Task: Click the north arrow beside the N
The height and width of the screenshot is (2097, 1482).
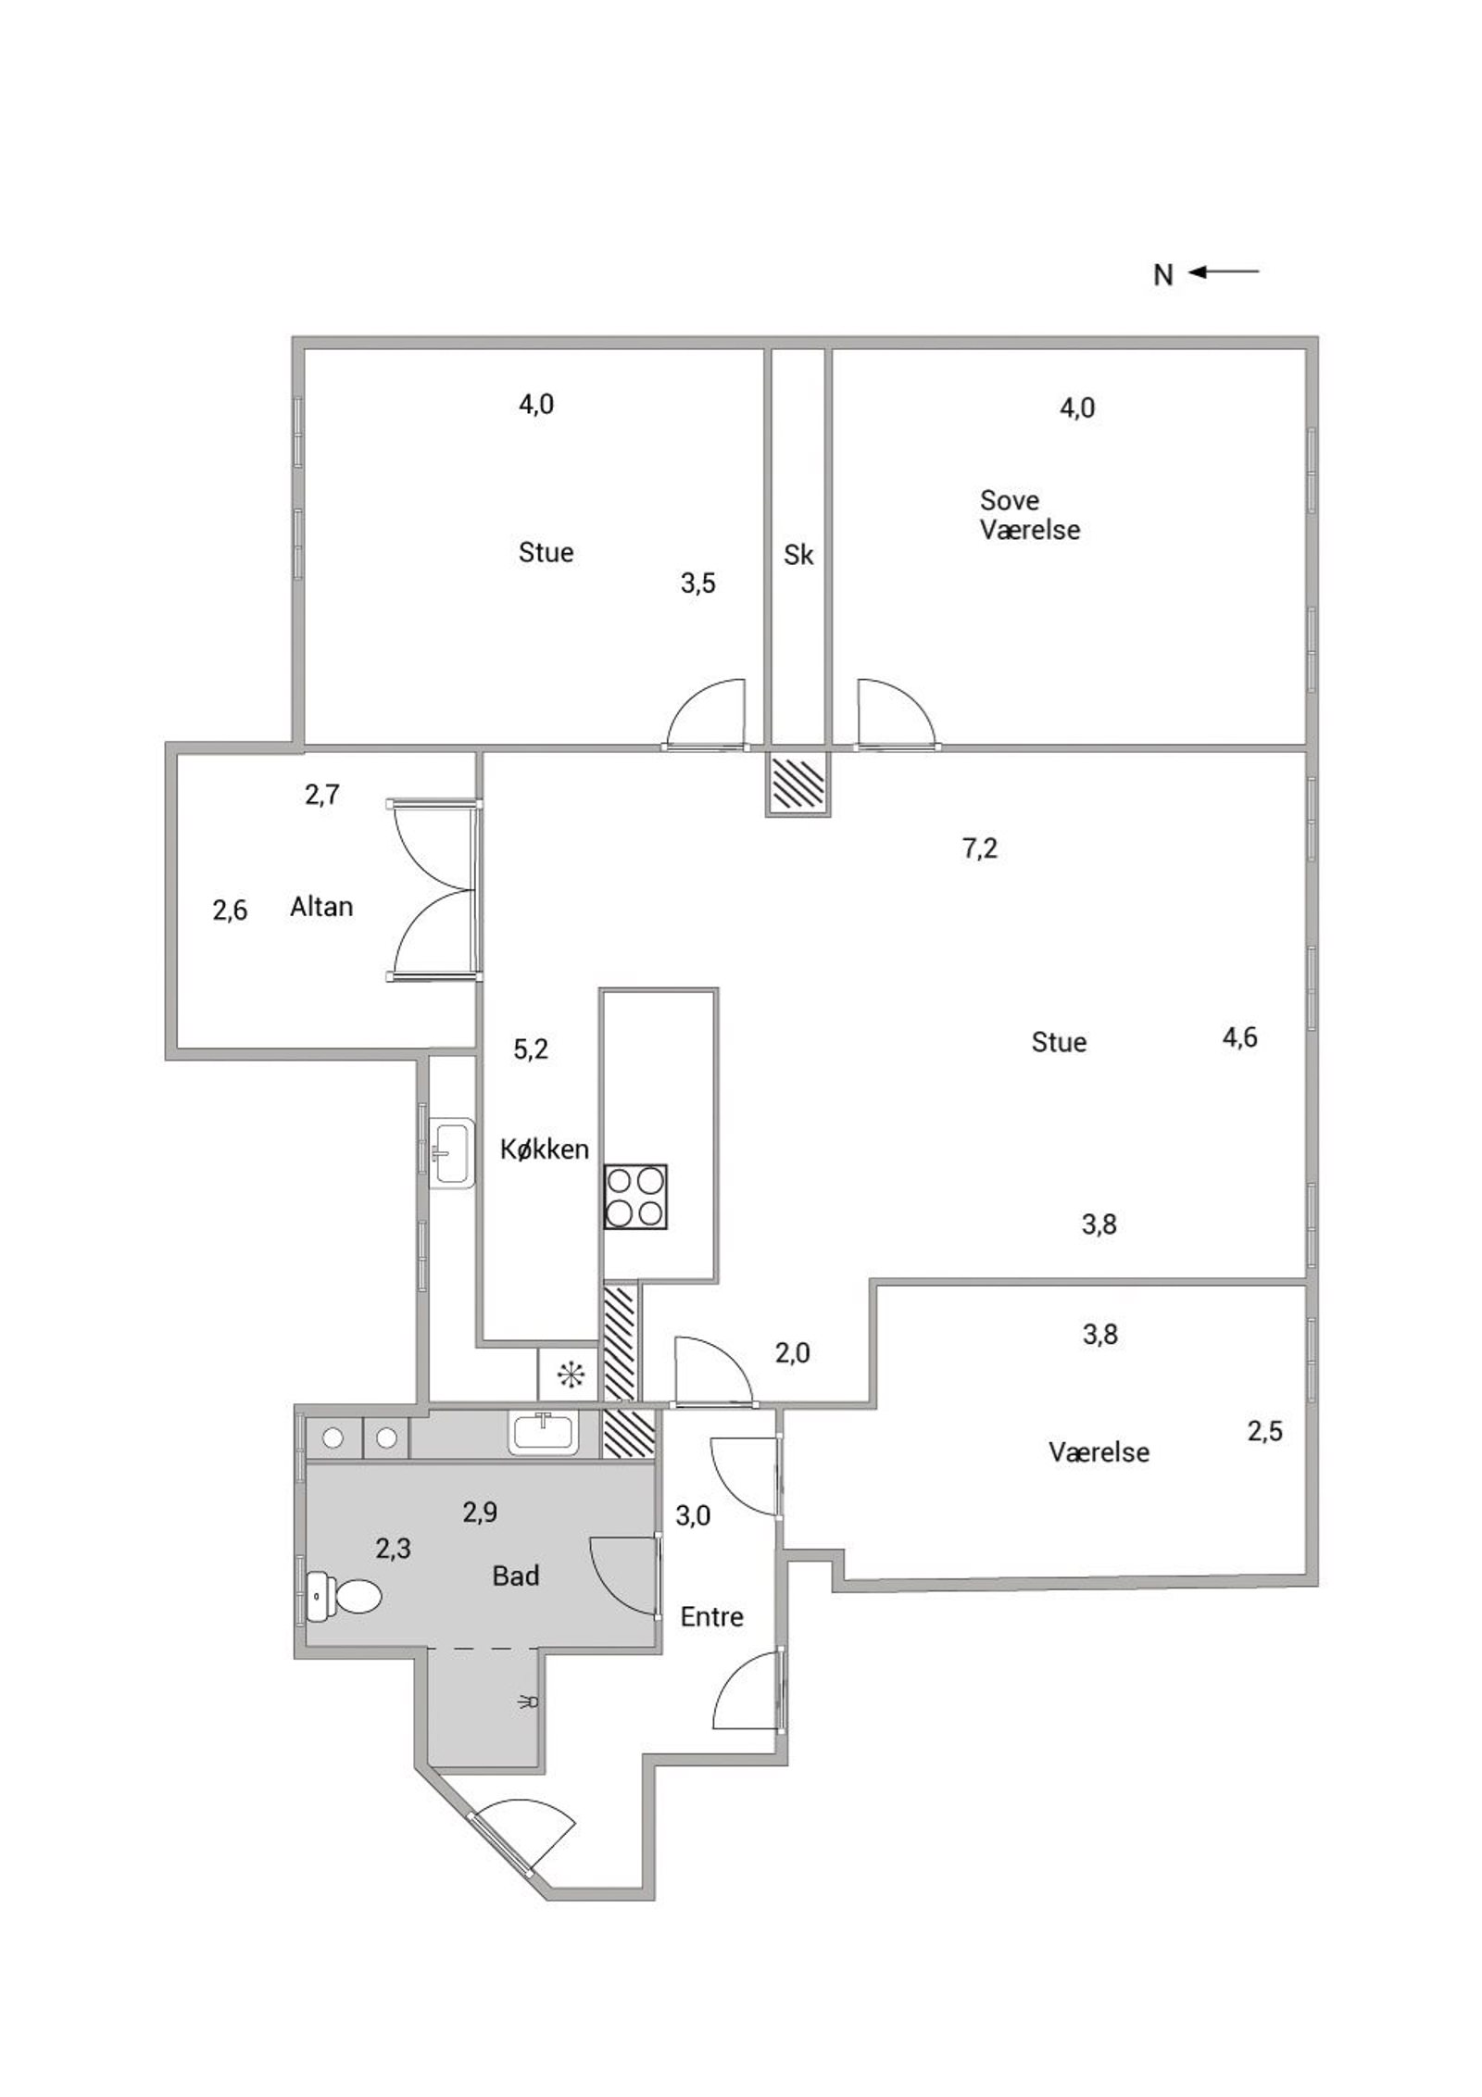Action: coord(1224,271)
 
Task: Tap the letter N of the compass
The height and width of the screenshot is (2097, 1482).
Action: coord(1163,275)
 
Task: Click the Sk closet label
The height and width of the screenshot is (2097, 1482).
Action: coord(798,554)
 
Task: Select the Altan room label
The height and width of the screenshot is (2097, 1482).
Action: coord(321,906)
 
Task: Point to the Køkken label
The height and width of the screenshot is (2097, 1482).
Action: coord(545,1149)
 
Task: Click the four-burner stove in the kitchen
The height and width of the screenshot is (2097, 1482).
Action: coord(635,1197)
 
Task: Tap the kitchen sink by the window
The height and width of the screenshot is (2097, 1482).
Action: coord(452,1153)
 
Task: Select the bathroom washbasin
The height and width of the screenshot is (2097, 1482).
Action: coord(543,1433)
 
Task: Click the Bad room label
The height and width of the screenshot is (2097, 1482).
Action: coord(516,1576)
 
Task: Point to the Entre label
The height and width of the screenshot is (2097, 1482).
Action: coord(711,1616)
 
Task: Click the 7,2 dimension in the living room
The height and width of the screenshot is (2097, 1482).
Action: coord(980,848)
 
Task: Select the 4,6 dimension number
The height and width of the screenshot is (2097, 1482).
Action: coord(1239,1037)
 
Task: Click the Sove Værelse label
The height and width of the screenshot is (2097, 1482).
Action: coord(1030,515)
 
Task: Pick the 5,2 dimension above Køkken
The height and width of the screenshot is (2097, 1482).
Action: coord(531,1049)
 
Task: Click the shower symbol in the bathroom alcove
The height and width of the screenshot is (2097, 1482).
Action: coord(530,1701)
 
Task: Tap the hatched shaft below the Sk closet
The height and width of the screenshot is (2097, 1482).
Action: coord(798,783)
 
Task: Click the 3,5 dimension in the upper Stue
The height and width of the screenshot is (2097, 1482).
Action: coord(697,584)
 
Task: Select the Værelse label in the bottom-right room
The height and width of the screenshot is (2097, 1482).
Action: coord(1099,1451)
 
